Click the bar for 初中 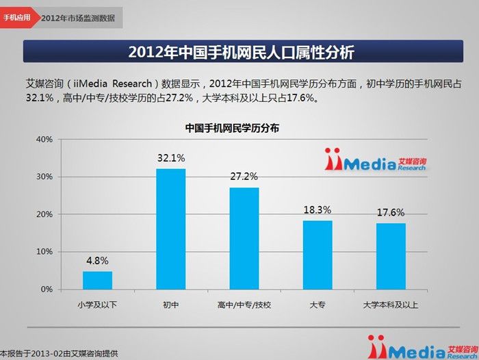(x=170, y=229)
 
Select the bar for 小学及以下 (x=97, y=280)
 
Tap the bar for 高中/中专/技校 (x=244, y=238)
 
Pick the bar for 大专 (x=318, y=255)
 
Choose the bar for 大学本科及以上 (x=391, y=256)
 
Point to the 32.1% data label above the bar (x=171, y=158)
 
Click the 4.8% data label (x=97, y=261)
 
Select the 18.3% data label (x=318, y=209)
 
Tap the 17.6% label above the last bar (x=391, y=212)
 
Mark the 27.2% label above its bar (x=244, y=177)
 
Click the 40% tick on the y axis (x=44, y=140)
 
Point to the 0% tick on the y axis (x=47, y=290)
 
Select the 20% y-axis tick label (x=44, y=214)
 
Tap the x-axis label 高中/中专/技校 (x=244, y=304)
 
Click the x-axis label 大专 (x=318, y=304)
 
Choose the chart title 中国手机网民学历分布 (x=232, y=127)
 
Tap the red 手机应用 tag (x=16, y=17)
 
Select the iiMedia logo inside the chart (x=376, y=162)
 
